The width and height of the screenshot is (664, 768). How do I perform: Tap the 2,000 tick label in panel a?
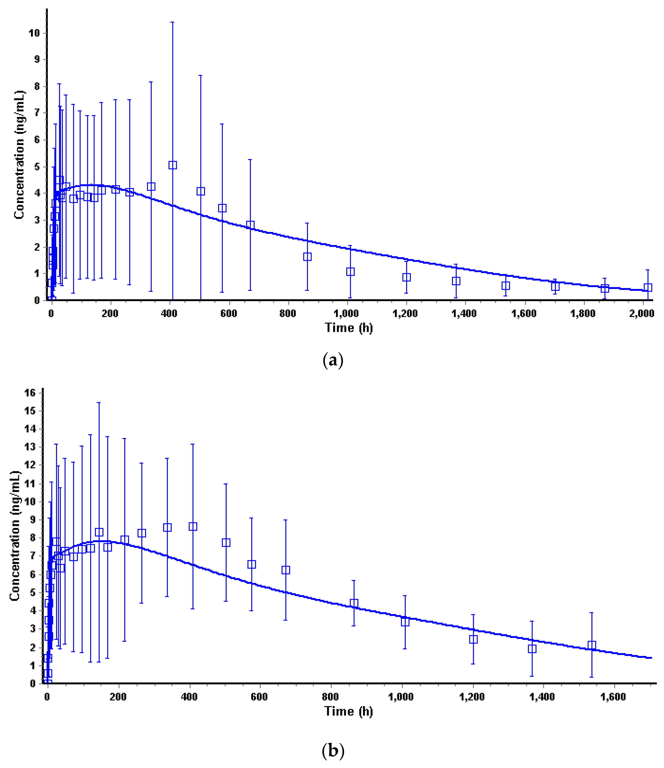(x=641, y=314)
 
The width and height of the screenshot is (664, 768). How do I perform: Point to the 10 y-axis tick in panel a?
(x=34, y=33)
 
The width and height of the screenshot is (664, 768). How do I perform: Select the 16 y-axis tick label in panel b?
(x=30, y=393)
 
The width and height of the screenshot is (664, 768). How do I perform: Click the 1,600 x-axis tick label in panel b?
(x=613, y=697)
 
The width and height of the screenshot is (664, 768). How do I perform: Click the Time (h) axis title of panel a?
(x=349, y=328)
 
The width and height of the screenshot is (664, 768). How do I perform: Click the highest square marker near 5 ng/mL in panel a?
(x=173, y=165)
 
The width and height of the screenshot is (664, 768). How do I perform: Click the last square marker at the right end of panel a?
(x=648, y=287)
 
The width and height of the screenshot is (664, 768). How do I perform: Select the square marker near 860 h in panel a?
(x=307, y=257)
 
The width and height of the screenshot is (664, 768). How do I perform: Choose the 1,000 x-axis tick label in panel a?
(x=346, y=314)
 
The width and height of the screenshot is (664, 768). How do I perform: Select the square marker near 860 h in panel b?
(x=354, y=603)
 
